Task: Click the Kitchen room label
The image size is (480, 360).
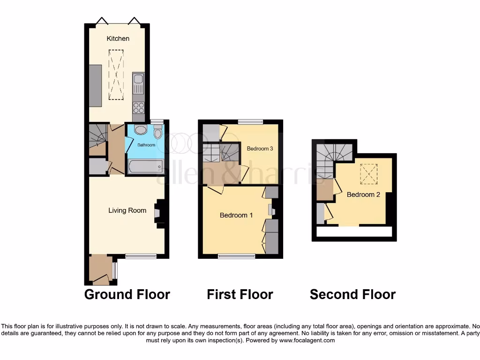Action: tap(118, 38)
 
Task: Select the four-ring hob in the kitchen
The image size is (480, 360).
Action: tap(139, 107)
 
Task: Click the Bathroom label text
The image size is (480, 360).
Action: tap(146, 145)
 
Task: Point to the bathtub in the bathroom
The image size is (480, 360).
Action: tap(145, 165)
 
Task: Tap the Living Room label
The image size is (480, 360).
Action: tap(127, 210)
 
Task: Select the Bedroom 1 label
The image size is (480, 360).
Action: tap(236, 215)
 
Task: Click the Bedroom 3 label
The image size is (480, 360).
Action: tap(260, 149)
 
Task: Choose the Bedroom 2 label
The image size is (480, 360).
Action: tap(363, 195)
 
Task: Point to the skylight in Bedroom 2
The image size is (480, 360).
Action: tap(368, 174)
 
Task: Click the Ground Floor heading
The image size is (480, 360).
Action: tap(127, 294)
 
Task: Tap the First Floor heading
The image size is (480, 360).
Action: tap(240, 294)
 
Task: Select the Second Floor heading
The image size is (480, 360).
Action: tap(352, 294)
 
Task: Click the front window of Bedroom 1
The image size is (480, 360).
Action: tap(237, 256)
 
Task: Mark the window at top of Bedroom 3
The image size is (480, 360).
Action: tap(249, 122)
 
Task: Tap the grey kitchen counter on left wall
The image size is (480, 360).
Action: tap(95, 86)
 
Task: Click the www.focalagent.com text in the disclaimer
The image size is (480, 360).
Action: tap(307, 340)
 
